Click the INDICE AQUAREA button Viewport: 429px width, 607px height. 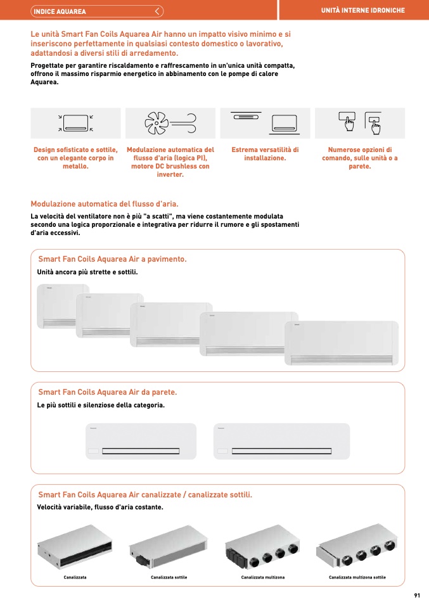[97, 11]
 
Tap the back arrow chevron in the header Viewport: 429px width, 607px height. [157, 11]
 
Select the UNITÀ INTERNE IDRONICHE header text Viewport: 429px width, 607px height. [363, 10]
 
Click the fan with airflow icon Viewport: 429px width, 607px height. [170, 123]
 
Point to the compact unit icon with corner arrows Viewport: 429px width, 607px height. [75, 123]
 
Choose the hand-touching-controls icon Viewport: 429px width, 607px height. [360, 123]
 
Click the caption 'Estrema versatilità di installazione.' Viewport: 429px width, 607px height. [266, 154]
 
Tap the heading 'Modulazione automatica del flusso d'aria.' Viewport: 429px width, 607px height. [105, 204]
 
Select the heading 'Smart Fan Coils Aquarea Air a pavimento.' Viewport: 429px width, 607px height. [112, 259]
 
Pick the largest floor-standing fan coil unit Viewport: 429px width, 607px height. [342, 343]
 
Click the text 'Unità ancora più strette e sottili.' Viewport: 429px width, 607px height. [87, 272]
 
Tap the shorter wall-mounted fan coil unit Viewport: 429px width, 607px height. [141, 442]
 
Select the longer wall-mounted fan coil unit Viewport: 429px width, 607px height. [281, 442]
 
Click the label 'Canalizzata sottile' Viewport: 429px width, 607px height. [169, 577]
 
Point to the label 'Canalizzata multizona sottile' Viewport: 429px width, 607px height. [357, 577]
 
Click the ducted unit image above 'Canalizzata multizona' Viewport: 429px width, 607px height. [262, 546]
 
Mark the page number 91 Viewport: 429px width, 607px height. [417, 596]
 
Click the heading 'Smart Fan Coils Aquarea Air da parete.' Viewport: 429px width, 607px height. [108, 392]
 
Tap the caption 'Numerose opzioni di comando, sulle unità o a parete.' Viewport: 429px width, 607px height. [360, 158]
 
